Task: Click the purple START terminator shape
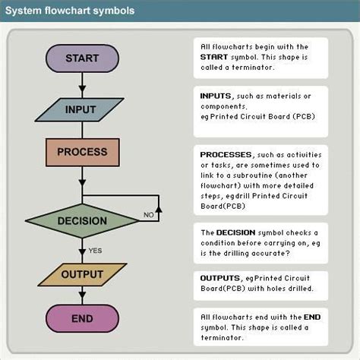pos(82,58)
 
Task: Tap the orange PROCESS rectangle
pos(82,152)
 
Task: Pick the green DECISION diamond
pos(82,221)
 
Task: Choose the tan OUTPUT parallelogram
pos(82,274)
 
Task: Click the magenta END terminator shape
pos(82,318)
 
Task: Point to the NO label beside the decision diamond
pos(150,216)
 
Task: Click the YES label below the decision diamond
pos(96,250)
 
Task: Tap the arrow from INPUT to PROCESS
pos(82,129)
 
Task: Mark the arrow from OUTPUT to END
pos(82,296)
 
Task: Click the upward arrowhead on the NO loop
pos(158,199)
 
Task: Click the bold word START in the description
pos(215,57)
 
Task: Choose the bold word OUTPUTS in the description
pos(220,279)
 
